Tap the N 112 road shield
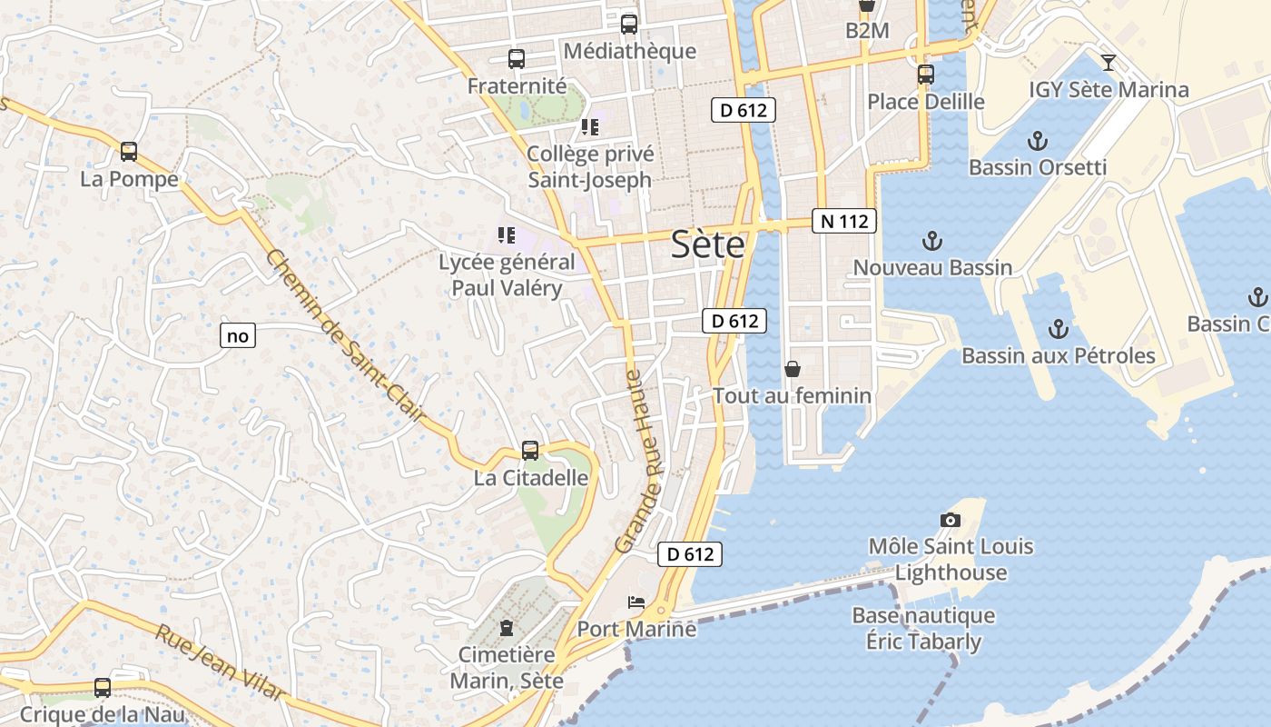(843, 221)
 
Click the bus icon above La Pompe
(129, 152)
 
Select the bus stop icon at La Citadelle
(530, 450)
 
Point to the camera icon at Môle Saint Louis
(951, 520)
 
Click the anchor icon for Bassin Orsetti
(1037, 141)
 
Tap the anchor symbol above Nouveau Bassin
(931, 241)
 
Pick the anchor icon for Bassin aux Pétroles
(1058, 328)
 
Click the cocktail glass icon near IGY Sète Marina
(1108, 63)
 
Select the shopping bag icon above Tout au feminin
(793, 369)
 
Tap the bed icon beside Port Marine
(636, 603)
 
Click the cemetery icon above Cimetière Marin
(507, 628)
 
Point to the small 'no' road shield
(238, 335)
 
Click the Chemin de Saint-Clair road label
(346, 335)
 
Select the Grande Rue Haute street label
(640, 461)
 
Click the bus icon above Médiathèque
(629, 25)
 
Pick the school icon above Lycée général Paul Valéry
(507, 236)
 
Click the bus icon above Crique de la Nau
(103, 688)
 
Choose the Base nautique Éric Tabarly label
(922, 628)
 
